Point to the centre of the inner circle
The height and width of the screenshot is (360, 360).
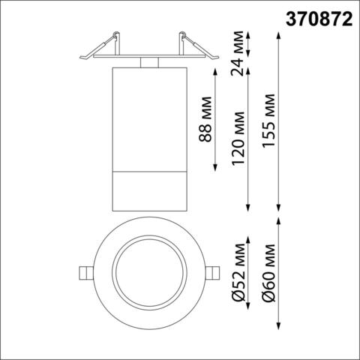[x=149, y=272]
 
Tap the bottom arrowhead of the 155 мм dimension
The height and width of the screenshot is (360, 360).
[x=279, y=209]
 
